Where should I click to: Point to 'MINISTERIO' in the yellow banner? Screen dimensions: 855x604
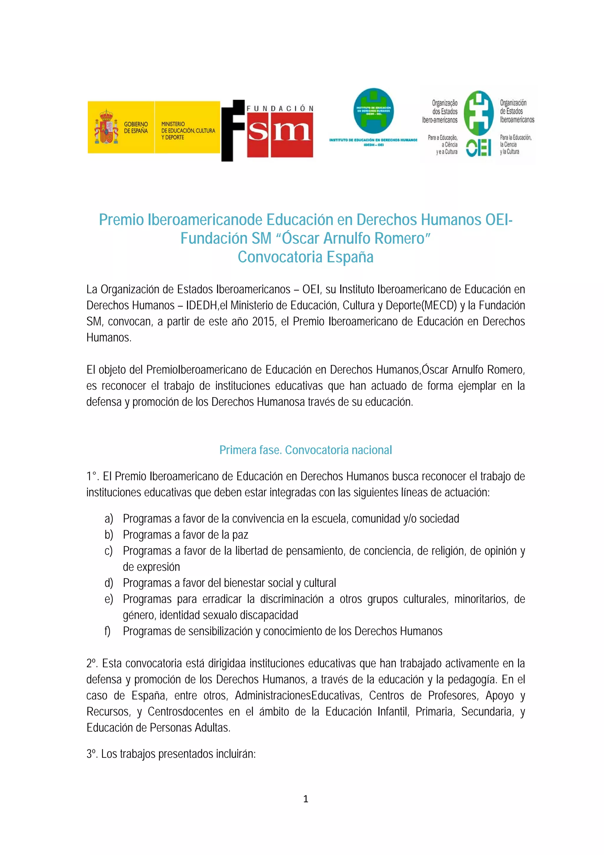pyautogui.click(x=173, y=124)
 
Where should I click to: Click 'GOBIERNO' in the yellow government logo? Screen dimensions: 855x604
pyautogui.click(x=136, y=124)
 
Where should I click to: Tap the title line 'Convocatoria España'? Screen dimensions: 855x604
pyautogui.click(x=305, y=257)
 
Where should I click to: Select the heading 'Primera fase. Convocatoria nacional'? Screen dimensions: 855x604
pyautogui.click(x=305, y=450)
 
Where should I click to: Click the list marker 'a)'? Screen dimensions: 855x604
pyautogui.click(x=109, y=519)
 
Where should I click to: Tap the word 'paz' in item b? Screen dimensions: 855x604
pyautogui.click(x=240, y=535)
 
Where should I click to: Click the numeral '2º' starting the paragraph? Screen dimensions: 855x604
pyautogui.click(x=91, y=664)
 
